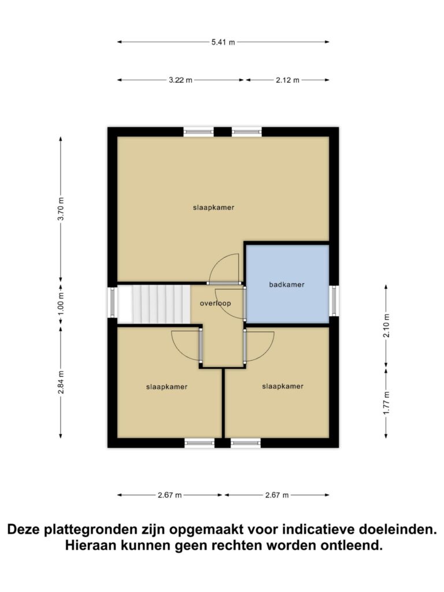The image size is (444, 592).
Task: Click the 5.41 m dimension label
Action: (x=223, y=42)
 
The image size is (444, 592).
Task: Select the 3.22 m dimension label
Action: (x=180, y=80)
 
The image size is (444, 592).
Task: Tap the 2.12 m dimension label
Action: (x=287, y=80)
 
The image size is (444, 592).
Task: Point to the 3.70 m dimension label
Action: (x=61, y=209)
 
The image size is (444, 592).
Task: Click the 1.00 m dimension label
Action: (x=61, y=304)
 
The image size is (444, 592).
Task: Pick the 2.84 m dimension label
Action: (x=61, y=382)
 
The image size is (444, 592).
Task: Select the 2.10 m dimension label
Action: (x=386, y=326)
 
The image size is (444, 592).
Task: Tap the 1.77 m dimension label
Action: (x=386, y=403)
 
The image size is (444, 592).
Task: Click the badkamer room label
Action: (x=287, y=284)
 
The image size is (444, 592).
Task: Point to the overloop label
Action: (x=215, y=303)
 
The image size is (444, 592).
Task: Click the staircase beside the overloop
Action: (x=161, y=304)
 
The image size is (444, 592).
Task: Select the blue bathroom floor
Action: (x=287, y=284)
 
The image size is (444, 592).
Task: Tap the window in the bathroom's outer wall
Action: (x=334, y=301)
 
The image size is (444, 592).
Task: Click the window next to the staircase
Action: (x=113, y=302)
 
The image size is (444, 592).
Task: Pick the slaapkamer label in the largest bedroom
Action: (x=214, y=208)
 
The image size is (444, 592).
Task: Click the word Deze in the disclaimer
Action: (x=24, y=530)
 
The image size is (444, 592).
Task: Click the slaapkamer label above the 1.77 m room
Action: (x=283, y=386)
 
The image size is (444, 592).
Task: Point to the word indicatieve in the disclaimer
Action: (x=318, y=530)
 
